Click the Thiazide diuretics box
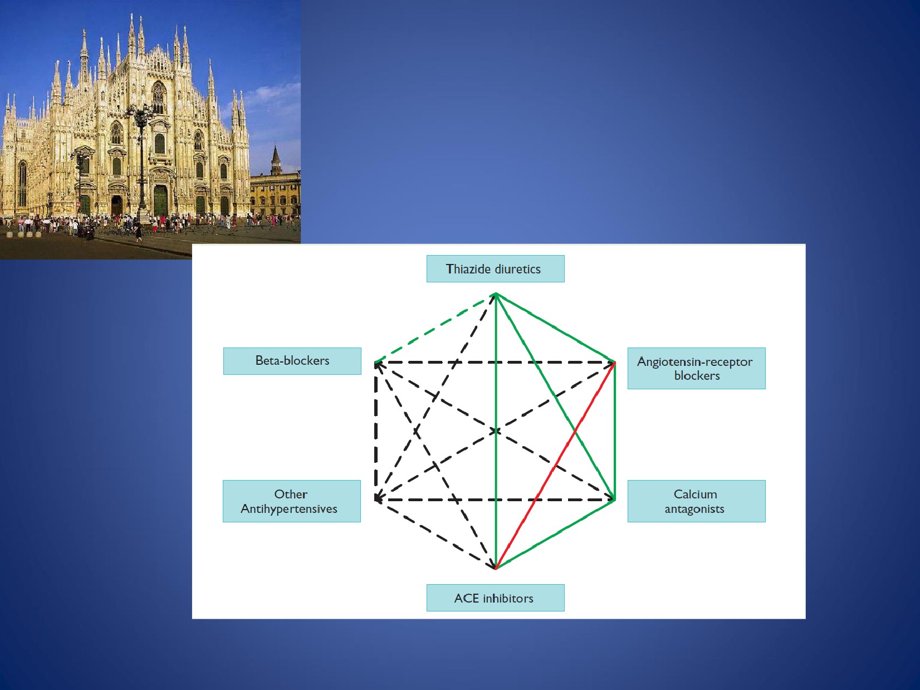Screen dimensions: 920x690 pos(496,268)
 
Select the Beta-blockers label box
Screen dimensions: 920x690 pos(292,361)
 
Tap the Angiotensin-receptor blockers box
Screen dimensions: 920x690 pos(696,368)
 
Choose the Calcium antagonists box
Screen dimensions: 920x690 pos(696,501)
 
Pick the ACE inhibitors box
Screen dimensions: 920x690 pos(496,598)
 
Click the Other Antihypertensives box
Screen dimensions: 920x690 pos(292,501)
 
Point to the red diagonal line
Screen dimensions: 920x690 pos(555,466)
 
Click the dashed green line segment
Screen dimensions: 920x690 pos(435,328)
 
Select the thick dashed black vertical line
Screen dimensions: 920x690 pos(376,431)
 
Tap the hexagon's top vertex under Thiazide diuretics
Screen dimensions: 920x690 pos(496,293)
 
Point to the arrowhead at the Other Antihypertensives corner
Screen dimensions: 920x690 pos(379,498)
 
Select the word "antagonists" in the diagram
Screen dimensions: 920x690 pos(694,510)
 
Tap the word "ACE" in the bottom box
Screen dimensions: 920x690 pos(467,598)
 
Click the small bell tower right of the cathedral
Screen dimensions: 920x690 pos(275,160)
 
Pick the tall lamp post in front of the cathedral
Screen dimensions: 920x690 pos(141,163)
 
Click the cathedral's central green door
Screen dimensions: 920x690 pos(160,200)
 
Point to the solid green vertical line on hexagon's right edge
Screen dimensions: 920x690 pos(614,431)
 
